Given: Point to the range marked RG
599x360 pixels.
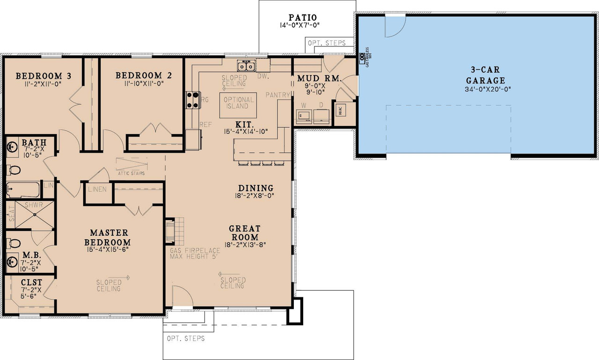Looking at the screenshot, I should tap(192, 99).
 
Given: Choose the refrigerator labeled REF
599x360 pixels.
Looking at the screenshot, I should tap(194, 139).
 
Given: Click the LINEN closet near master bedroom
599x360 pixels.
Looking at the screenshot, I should tap(97, 190).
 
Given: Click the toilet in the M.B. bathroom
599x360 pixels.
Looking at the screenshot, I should tap(14, 243).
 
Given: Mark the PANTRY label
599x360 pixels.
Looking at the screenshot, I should tap(278, 95).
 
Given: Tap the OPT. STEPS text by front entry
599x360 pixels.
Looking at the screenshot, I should tap(186, 338).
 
